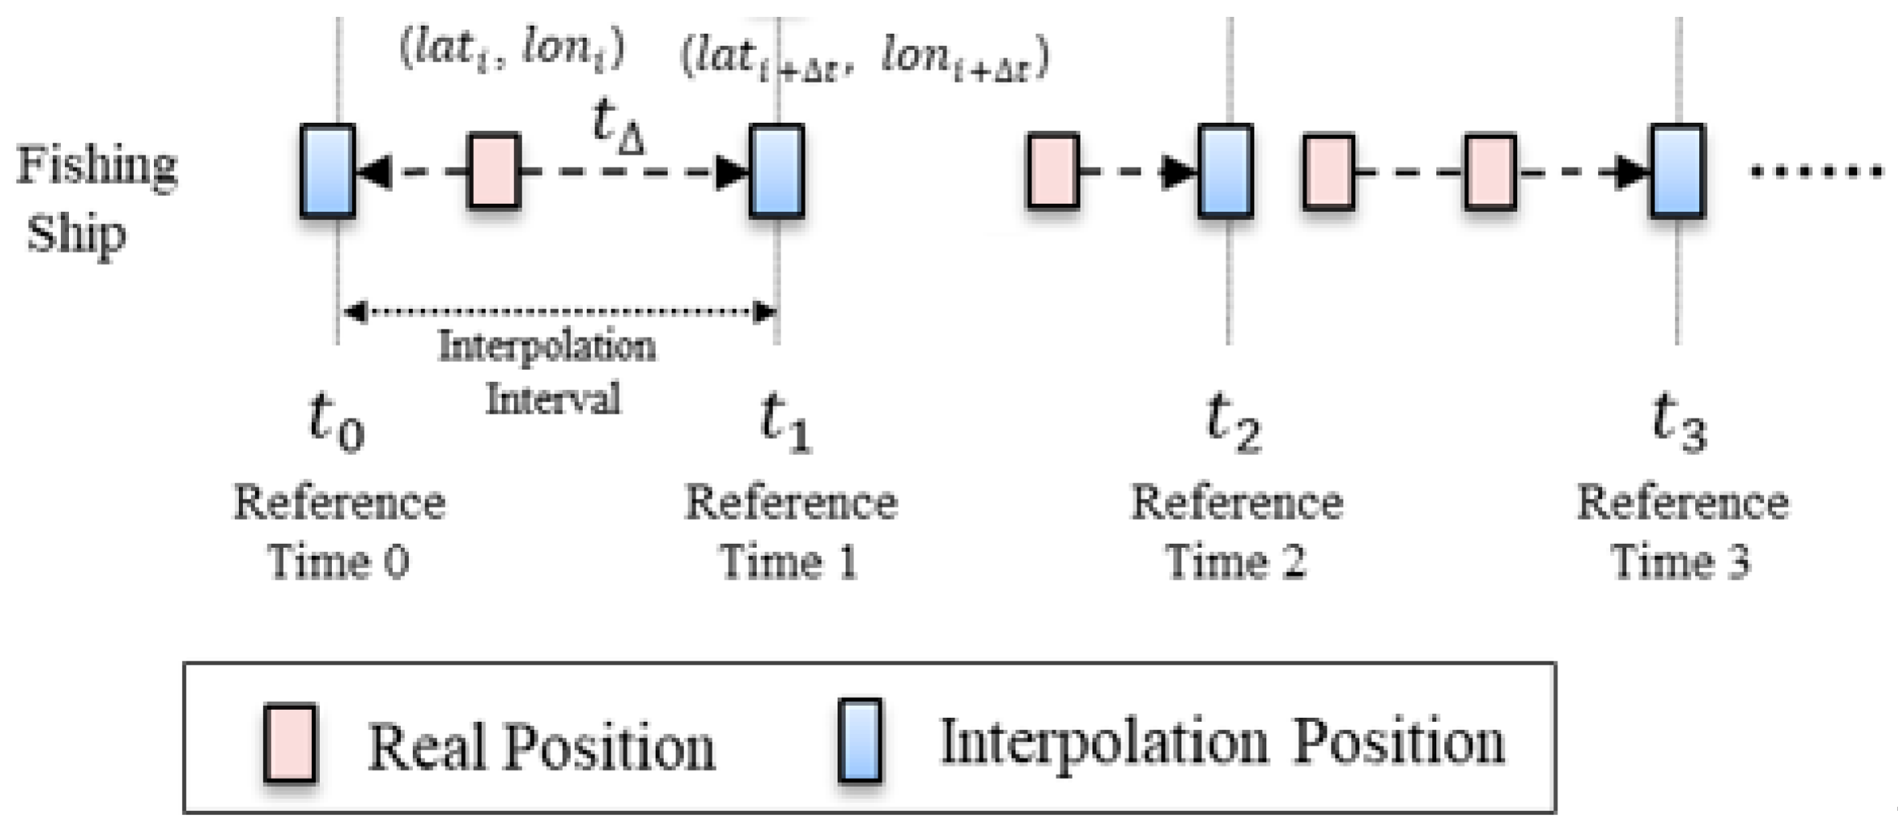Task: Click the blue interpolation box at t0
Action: pyautogui.click(x=328, y=171)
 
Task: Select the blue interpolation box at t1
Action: pyautogui.click(x=777, y=171)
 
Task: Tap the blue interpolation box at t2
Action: pyautogui.click(x=1226, y=171)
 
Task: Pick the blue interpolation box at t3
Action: pyautogui.click(x=1677, y=171)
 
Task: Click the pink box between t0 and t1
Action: pyautogui.click(x=494, y=171)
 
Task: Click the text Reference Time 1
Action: pyautogui.click(x=790, y=531)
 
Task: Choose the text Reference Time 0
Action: pyautogui.click(x=339, y=531)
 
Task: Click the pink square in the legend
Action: pyautogui.click(x=290, y=743)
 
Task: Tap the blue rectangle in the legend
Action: pyautogui.click(x=860, y=739)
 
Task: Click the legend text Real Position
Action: pyautogui.click(x=540, y=747)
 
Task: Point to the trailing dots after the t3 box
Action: pyautogui.click(x=1815, y=171)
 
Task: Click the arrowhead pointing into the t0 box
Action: pyautogui.click(x=374, y=172)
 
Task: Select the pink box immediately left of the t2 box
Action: pyautogui.click(x=1053, y=171)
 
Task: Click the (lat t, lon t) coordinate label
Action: pyautogui.click(x=511, y=51)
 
